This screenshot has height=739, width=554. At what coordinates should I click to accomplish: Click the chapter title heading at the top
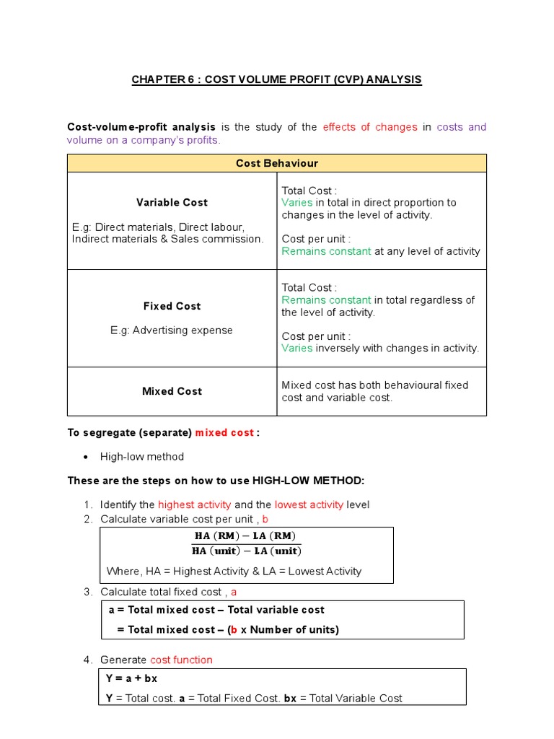tap(276, 79)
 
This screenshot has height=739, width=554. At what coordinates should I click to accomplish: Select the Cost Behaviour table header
tap(276, 163)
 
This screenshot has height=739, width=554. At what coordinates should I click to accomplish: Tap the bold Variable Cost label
tap(172, 203)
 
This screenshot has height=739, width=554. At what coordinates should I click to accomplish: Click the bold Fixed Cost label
tap(172, 306)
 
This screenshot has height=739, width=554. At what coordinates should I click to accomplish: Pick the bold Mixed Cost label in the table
tap(172, 391)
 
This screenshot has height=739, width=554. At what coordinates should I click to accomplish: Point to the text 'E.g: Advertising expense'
tap(172, 330)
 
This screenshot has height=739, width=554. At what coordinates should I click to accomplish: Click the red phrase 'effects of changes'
tap(370, 127)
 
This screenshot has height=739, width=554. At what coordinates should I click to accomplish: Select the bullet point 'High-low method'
tap(141, 457)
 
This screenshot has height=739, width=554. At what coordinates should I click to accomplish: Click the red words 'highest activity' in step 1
tap(194, 504)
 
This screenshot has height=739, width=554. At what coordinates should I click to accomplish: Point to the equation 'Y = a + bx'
tap(131, 678)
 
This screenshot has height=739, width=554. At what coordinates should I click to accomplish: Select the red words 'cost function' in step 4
tap(181, 660)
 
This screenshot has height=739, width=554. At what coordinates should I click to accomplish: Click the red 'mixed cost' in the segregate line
tap(224, 432)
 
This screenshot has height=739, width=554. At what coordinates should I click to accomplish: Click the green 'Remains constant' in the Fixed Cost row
tap(326, 300)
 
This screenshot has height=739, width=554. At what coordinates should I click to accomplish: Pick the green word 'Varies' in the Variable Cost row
tap(296, 203)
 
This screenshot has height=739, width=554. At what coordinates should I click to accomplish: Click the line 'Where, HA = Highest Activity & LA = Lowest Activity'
tap(234, 571)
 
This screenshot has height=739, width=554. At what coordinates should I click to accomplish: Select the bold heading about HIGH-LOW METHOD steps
tap(216, 481)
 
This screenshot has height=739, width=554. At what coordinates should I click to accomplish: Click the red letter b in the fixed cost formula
tap(234, 629)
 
